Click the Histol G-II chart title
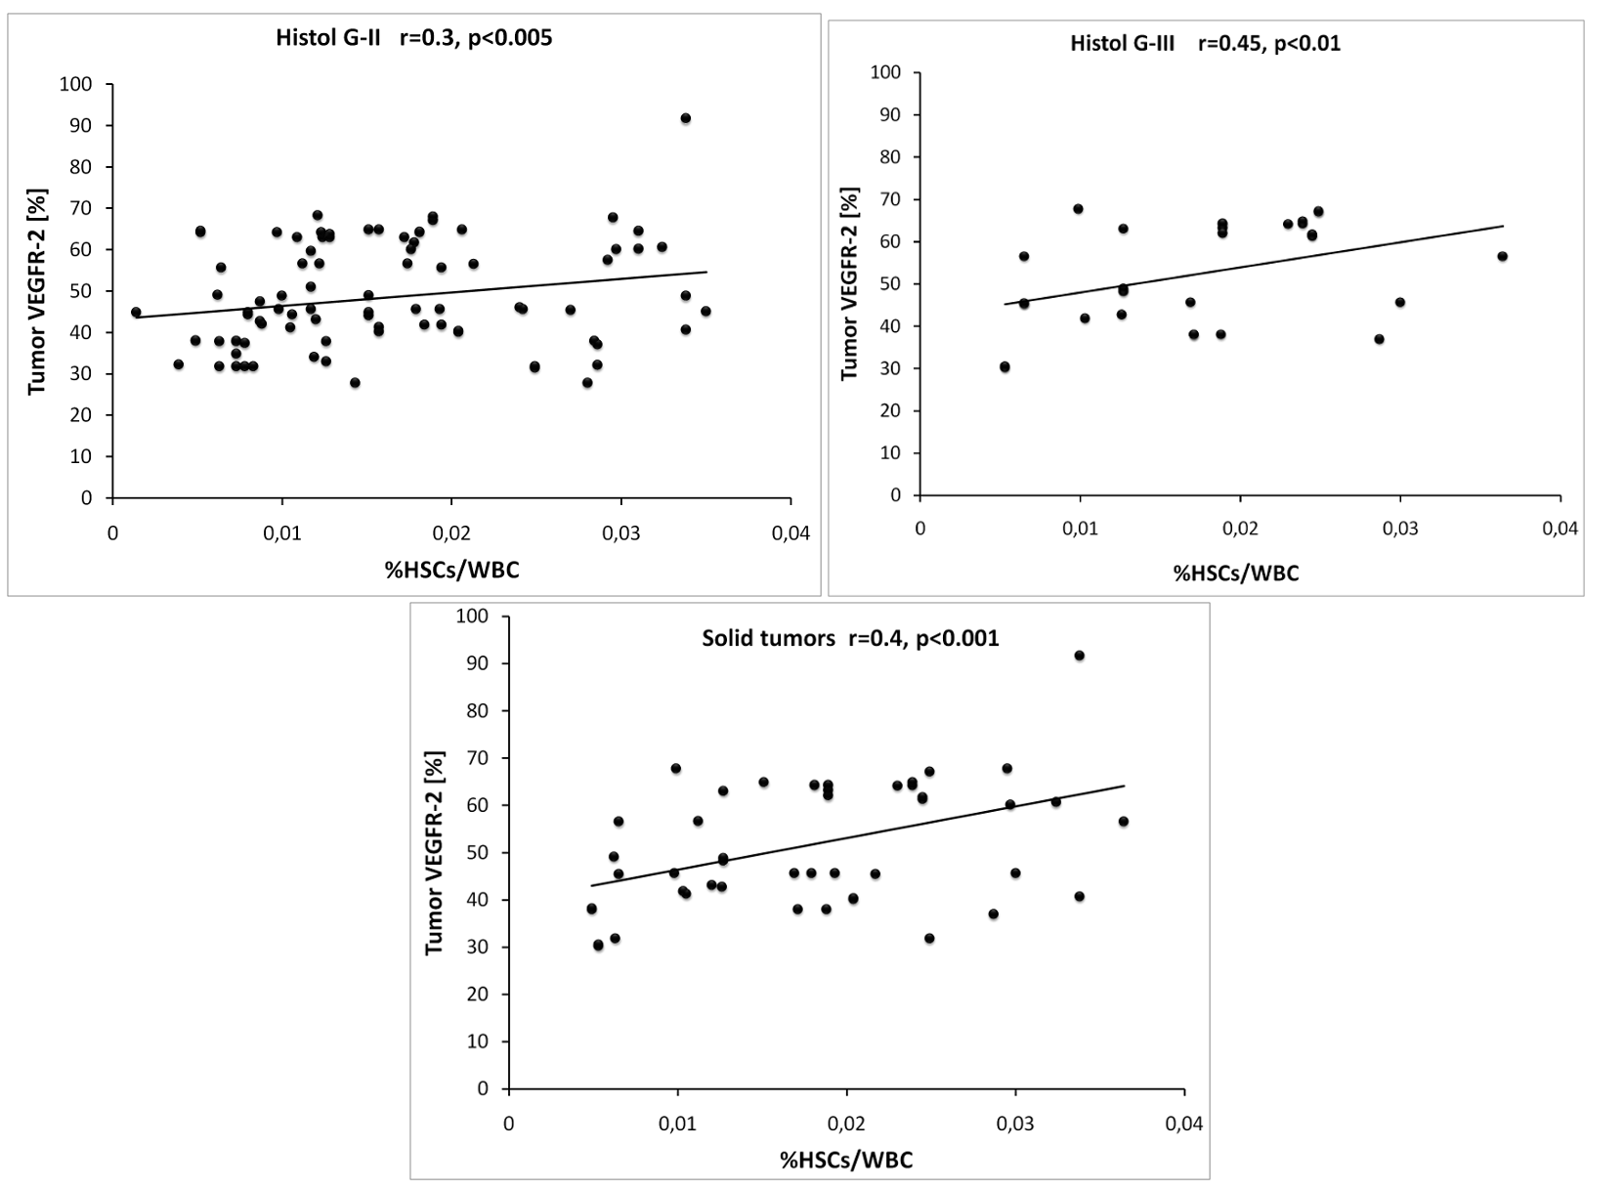[x=413, y=39]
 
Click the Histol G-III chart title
[x=1205, y=43]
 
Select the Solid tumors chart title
[x=850, y=639]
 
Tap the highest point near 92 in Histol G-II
[x=686, y=118]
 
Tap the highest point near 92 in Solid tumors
[x=1080, y=656]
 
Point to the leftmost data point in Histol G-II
[x=136, y=313]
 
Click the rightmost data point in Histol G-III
[x=1503, y=257]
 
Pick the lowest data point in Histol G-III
[x=1004, y=367]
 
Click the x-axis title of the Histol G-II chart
[x=451, y=570]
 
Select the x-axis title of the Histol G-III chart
[x=1236, y=574]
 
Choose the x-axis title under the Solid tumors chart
[x=846, y=1160]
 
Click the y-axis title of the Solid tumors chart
[x=435, y=852]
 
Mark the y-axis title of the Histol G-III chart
[x=849, y=283]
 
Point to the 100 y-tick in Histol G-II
[x=75, y=85]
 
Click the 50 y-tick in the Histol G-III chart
[x=889, y=284]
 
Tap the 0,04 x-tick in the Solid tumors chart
[x=1183, y=1125]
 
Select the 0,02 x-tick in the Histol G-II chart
[x=450, y=533]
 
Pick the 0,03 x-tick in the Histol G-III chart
[x=1399, y=529]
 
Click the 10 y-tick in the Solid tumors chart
[x=480, y=1041]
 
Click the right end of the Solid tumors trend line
[x=1125, y=786]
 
